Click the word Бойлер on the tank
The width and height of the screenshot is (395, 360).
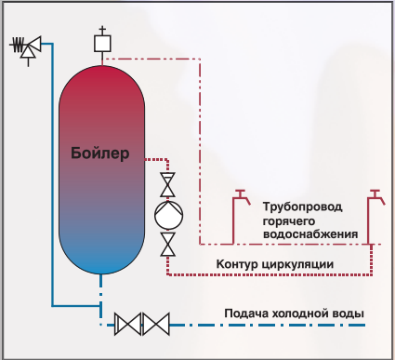99,153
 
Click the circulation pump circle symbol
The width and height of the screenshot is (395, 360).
168,215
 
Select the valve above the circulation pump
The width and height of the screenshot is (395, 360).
167,185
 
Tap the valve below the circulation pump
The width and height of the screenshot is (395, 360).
167,245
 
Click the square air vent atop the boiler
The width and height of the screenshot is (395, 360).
102,44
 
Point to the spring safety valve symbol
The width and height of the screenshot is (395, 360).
26,48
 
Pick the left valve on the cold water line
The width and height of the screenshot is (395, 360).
127,325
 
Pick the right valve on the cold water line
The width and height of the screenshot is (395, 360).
156,325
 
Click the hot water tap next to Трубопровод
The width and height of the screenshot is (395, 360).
240,217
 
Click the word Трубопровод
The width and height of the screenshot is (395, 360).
302,207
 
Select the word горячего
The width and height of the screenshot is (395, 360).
289,221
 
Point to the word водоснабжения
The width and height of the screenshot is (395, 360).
310,234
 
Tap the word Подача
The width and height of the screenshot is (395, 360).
246,313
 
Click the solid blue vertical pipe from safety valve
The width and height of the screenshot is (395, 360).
52,175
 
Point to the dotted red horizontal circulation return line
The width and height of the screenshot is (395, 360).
270,274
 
